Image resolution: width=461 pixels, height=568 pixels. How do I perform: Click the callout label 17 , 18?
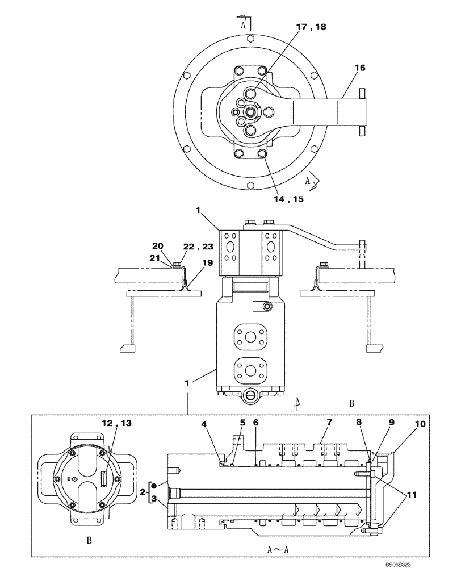310,27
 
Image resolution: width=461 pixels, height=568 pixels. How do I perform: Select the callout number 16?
359,67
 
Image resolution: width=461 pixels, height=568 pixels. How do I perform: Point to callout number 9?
392,423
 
